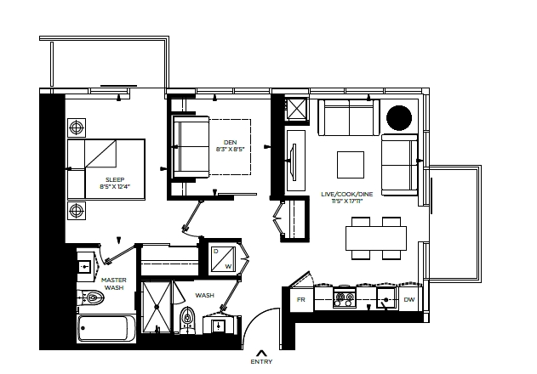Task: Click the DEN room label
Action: coord(230,142)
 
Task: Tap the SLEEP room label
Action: coord(115,179)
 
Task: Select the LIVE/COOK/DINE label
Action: coord(347,194)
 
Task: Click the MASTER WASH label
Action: coord(114,284)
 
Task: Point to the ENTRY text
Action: coord(261,362)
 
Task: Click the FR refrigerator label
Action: coord(300,300)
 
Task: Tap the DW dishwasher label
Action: coord(408,300)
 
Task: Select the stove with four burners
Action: coord(344,297)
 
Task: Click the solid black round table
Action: coord(399,117)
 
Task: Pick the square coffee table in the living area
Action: coord(351,165)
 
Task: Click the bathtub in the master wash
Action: coord(106,328)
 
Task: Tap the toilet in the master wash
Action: coord(91,298)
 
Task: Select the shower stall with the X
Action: coord(157,307)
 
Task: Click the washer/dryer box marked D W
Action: coord(223,259)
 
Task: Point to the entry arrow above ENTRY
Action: coord(261,353)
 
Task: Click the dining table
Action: coord(376,238)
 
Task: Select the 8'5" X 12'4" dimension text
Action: coord(115,186)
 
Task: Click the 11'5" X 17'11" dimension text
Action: coord(347,201)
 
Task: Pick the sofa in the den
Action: coord(191,147)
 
